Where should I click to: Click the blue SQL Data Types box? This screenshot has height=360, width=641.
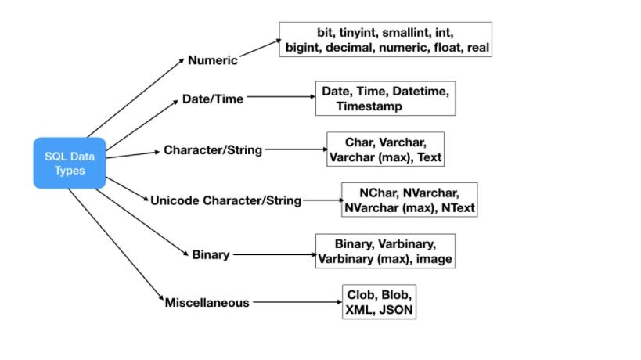[69, 163]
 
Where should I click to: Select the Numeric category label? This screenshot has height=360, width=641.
[212, 60]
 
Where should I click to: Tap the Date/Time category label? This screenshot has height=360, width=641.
[212, 99]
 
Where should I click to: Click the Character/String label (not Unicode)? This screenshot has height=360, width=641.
[213, 149]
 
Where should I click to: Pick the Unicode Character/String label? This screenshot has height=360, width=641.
[225, 200]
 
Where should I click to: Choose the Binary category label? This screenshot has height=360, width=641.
[211, 254]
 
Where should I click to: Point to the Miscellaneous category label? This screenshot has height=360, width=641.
[207, 302]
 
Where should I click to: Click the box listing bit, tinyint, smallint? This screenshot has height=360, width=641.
[385, 39]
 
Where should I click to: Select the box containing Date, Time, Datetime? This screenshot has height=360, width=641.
[384, 99]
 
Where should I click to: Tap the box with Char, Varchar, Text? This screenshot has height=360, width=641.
[385, 149]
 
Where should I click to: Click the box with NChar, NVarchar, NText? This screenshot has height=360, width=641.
[409, 200]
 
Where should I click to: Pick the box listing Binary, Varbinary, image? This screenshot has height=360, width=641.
[384, 251]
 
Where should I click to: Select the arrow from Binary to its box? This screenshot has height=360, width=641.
[273, 254]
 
